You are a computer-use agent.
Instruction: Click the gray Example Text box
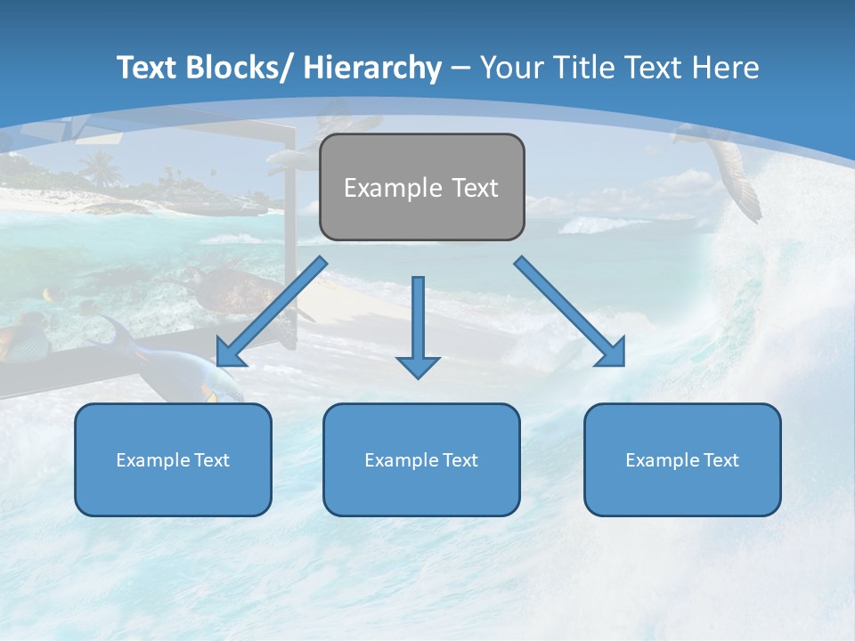click(421, 187)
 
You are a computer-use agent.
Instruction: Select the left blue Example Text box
click(173, 459)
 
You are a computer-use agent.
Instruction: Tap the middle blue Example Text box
click(421, 459)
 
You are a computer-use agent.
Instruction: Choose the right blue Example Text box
click(682, 459)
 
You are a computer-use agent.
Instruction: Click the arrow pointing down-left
click(271, 312)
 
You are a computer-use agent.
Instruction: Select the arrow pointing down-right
click(570, 312)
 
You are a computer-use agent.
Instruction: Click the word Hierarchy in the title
click(372, 68)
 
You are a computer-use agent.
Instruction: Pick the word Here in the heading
click(727, 68)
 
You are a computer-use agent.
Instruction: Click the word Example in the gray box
click(391, 188)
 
